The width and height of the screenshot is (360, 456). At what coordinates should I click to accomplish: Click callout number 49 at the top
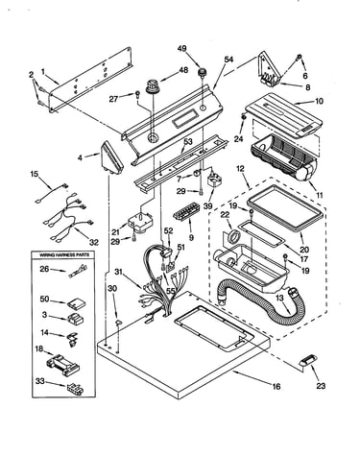click(x=182, y=49)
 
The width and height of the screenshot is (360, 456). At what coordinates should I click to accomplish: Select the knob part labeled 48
click(x=153, y=86)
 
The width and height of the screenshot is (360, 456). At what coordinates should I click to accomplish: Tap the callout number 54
click(x=228, y=60)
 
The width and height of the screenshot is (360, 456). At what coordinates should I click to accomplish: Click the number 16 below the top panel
click(x=276, y=386)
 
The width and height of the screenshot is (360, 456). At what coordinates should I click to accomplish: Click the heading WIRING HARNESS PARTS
click(x=64, y=255)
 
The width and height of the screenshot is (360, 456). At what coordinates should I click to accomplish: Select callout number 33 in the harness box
click(x=40, y=381)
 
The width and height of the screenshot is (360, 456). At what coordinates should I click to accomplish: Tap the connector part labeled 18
click(x=63, y=365)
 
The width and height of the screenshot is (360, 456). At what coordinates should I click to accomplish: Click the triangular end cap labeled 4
click(x=112, y=156)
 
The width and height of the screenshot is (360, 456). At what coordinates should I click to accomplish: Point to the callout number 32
click(x=93, y=242)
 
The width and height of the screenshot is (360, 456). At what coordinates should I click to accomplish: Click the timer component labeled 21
click(x=140, y=221)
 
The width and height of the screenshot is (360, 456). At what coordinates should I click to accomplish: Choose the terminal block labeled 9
click(x=186, y=211)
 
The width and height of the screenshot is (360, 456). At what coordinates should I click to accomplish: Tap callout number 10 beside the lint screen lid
click(x=319, y=101)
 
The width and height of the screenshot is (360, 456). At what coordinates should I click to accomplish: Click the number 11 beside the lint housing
click(x=319, y=195)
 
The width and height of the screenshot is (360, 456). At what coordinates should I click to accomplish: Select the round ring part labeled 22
click(x=235, y=237)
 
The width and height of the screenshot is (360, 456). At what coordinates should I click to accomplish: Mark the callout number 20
click(x=304, y=250)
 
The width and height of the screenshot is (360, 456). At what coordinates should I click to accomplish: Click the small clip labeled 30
click(x=118, y=322)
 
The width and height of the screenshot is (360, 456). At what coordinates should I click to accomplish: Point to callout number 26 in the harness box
click(x=45, y=269)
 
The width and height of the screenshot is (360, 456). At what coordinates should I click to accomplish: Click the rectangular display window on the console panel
click(x=185, y=118)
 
